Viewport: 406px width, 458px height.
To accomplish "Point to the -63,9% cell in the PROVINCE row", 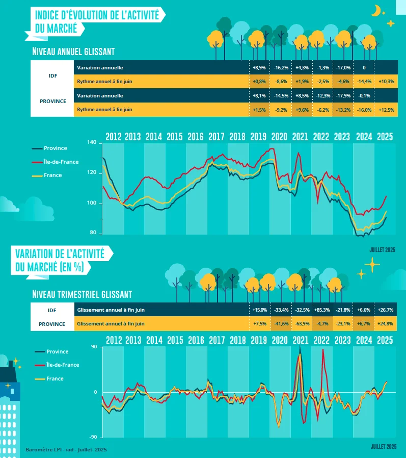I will tap(301, 323).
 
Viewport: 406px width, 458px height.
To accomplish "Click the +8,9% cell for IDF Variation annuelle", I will tap(259, 67).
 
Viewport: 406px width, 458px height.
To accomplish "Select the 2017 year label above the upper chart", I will tap(216, 137).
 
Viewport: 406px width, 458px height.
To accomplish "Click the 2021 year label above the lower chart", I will tap(301, 340).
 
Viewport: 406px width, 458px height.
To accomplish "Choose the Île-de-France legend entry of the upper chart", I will tap(60, 162).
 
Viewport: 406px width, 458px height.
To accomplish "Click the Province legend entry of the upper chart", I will tap(55, 148).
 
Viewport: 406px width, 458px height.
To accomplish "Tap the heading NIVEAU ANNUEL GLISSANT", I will tap(73, 52).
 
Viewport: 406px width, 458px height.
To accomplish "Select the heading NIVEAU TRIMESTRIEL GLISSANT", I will tap(82, 294).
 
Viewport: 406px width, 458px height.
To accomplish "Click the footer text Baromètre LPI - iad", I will tap(66, 450).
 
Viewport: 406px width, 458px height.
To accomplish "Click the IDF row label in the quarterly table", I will tap(52, 310).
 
